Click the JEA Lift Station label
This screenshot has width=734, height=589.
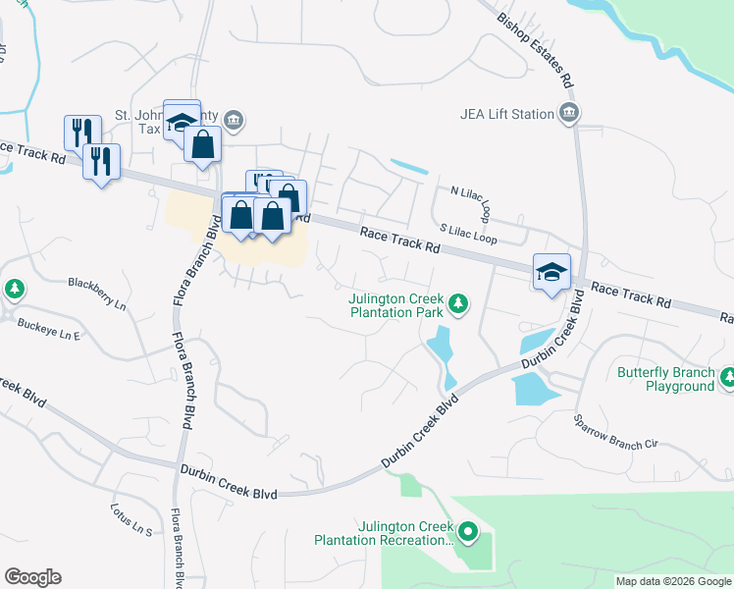(x=506, y=114)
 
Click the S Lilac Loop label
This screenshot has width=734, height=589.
(x=468, y=234)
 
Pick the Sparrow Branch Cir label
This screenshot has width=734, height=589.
(x=614, y=431)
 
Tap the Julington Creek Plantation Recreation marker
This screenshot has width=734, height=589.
(x=468, y=533)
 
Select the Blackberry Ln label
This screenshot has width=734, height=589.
(x=97, y=294)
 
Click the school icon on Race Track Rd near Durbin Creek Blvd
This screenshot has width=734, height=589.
(x=551, y=272)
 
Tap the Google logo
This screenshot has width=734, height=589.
(x=32, y=577)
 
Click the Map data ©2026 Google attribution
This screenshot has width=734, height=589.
(x=673, y=581)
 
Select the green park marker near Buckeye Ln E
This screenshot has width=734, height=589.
(x=15, y=289)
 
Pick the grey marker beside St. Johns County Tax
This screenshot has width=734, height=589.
(x=235, y=121)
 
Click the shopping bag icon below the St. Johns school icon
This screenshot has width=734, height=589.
(x=202, y=145)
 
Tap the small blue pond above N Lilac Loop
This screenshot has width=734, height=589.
(x=409, y=166)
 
